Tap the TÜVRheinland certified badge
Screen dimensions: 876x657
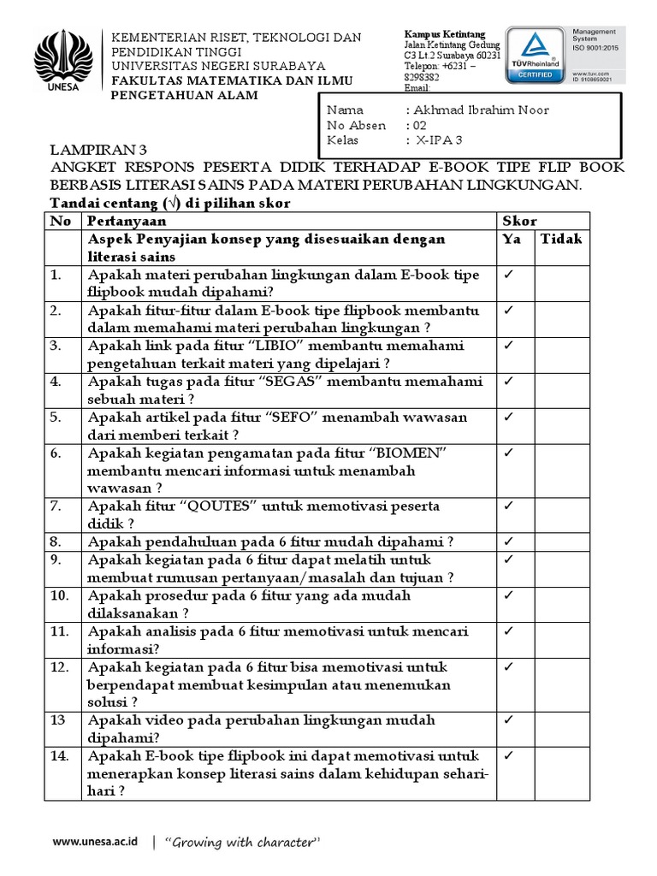tap(534, 55)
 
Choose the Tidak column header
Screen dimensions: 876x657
tap(561, 240)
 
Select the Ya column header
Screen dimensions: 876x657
tap(512, 240)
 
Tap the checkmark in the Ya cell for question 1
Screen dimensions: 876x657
tap(508, 275)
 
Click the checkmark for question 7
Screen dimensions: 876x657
tap(508, 506)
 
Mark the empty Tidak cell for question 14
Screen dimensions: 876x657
tap(562, 773)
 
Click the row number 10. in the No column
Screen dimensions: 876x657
tap(58, 595)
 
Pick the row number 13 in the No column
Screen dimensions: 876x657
tap(56, 720)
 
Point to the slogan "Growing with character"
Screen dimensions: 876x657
tap(241, 843)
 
